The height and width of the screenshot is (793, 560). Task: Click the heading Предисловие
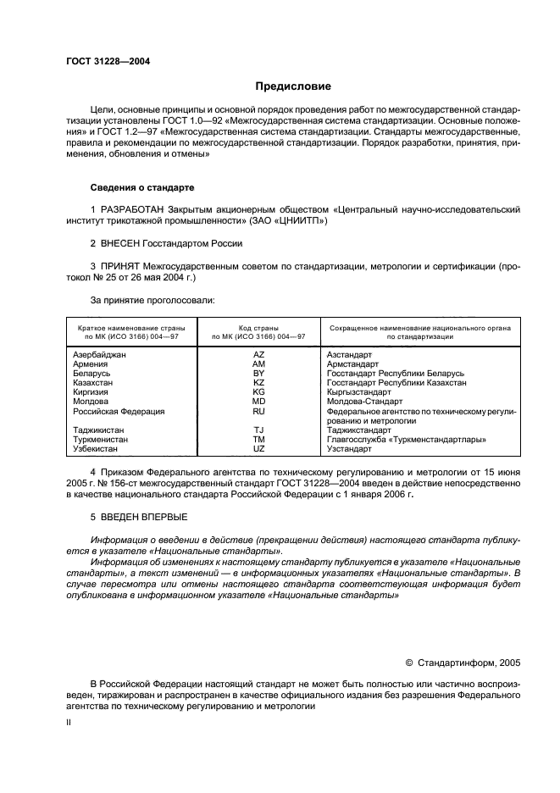tap(293, 86)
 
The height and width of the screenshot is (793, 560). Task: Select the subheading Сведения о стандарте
tap(142, 186)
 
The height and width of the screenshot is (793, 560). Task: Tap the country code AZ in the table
tap(259, 354)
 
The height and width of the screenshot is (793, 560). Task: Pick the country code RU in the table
tap(259, 411)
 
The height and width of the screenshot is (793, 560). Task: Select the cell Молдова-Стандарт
tap(364, 402)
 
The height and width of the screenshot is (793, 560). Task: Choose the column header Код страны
tap(259, 326)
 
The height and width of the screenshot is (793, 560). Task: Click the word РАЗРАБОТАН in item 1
tap(136, 208)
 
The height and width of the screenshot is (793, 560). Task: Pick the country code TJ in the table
tap(259, 430)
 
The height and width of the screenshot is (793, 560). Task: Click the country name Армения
tap(91, 363)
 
